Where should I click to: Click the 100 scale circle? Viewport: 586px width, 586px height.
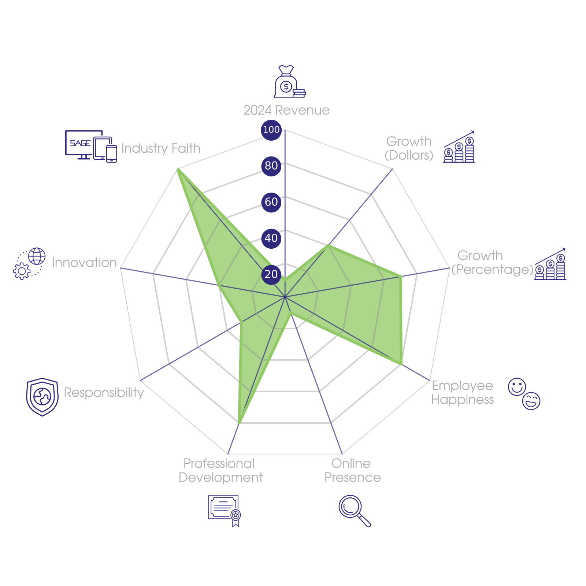(x=271, y=130)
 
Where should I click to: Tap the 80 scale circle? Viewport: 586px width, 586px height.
(x=271, y=166)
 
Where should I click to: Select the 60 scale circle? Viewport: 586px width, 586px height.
(x=271, y=202)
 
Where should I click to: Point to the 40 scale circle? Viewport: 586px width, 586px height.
(x=271, y=238)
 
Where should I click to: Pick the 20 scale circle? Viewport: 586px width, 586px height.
(x=271, y=274)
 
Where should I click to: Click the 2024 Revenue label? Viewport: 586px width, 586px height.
(x=286, y=110)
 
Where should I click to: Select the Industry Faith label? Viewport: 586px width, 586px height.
(x=161, y=148)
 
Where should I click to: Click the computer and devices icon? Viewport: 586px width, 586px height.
(x=91, y=146)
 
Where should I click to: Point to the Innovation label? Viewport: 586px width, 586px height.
(x=84, y=263)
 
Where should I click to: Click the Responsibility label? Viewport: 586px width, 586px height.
(x=104, y=393)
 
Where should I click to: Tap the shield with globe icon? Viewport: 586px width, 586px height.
(x=42, y=397)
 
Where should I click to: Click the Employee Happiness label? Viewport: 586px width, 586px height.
(x=463, y=393)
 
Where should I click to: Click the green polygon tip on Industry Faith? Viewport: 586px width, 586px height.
(x=177, y=169)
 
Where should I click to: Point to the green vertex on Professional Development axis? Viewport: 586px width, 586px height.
(x=238, y=423)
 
